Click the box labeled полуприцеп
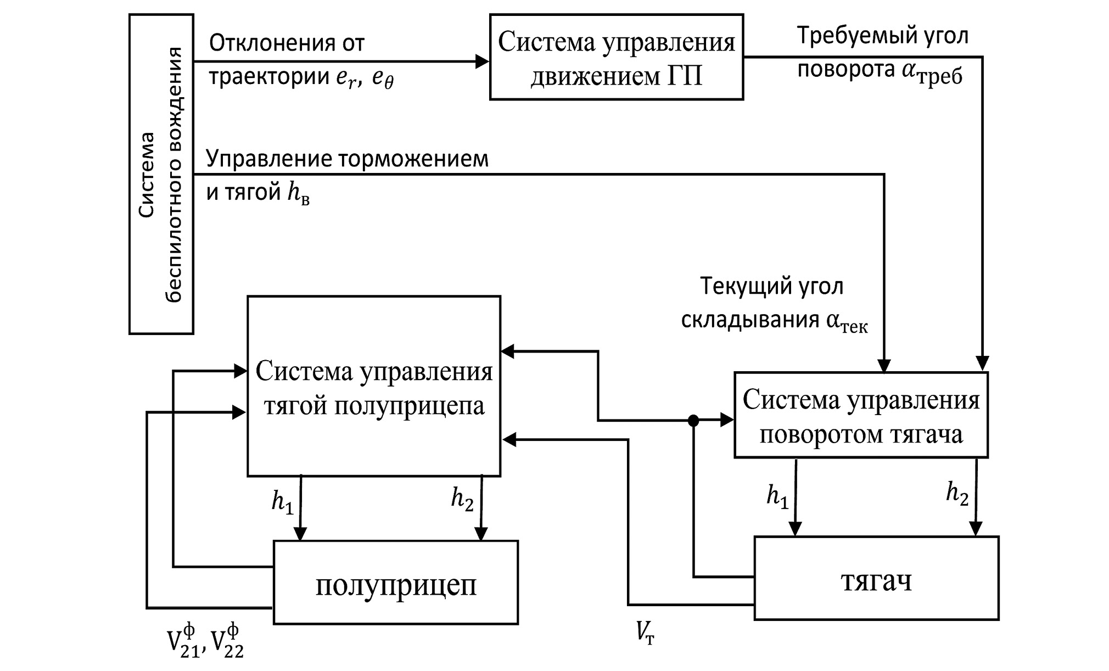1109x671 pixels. pos(395,583)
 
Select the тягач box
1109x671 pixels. pos(876,578)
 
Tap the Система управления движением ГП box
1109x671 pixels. pos(616,58)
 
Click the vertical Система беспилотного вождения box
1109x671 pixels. pos(161,174)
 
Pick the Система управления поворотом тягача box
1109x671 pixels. pos(861,415)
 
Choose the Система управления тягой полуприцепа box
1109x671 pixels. pos(374,386)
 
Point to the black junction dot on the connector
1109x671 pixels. pos(693,421)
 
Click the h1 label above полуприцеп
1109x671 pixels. pos(282,502)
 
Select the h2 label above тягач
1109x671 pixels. pos(957,494)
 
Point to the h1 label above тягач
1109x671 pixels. pos(777,497)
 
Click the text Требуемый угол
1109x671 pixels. pos(882,36)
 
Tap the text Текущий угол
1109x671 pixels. pos(771,287)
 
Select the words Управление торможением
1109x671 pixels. pos(347,159)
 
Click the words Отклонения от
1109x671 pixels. pos(287,43)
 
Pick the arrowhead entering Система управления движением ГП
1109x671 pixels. pos(482,61)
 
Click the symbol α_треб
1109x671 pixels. pos(932,74)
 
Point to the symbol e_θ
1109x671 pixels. pos(383,80)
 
